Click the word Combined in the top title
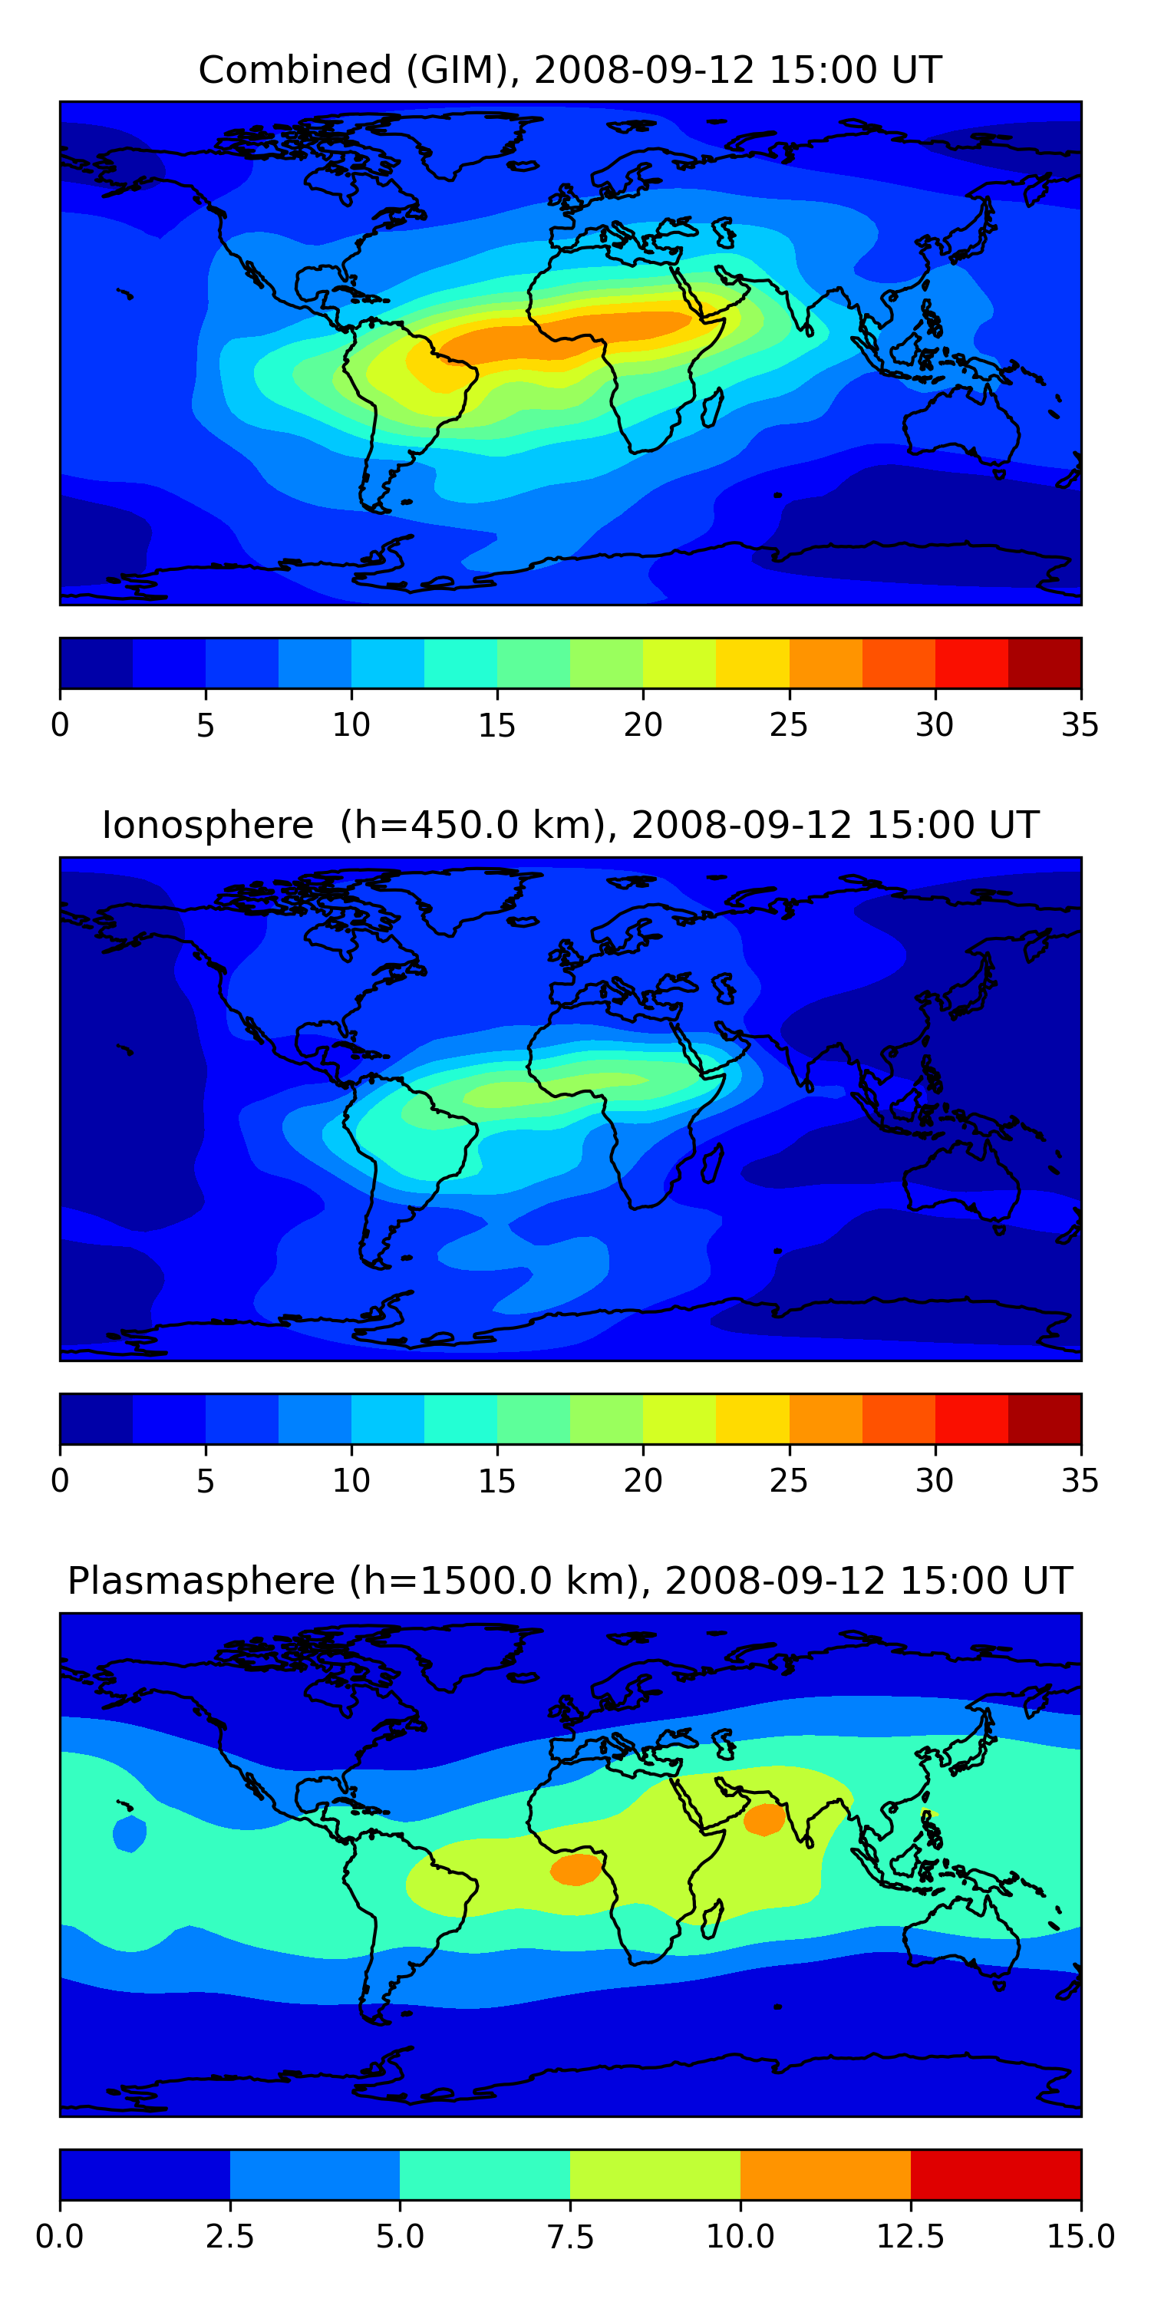click(295, 70)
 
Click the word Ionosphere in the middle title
click(207, 825)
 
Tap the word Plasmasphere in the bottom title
click(201, 1581)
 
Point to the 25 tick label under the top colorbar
click(788, 724)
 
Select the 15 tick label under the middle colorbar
click(497, 1481)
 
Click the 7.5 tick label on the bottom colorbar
click(570, 2237)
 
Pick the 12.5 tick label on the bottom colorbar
click(911, 2237)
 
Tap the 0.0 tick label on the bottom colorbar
click(60, 2237)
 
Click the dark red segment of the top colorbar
click(1044, 663)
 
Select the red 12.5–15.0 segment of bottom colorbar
click(995, 2174)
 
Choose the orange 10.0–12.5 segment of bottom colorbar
click(825, 2174)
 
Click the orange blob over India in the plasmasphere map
click(764, 1819)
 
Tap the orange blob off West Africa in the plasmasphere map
click(576, 1869)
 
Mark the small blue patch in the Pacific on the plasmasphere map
click(130, 1835)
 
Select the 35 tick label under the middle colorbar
click(1080, 1481)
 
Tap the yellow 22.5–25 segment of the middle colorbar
click(753, 1419)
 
